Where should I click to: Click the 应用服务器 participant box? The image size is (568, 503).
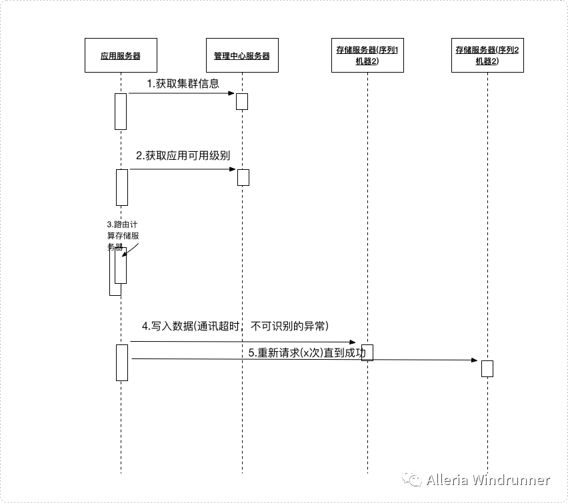[x=121, y=56]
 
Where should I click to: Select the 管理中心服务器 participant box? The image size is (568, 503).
[x=241, y=56]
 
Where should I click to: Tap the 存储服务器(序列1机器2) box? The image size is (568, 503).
[x=367, y=56]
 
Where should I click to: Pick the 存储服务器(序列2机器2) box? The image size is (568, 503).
[x=487, y=56]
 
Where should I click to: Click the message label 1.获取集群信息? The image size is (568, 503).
[x=183, y=83]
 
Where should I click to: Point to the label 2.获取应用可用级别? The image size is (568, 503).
[x=183, y=156]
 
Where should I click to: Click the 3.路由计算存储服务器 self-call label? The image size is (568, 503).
[x=123, y=235]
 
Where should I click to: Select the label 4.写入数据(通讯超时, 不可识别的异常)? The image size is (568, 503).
[x=235, y=326]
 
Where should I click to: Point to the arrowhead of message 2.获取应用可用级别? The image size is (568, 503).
[x=233, y=169]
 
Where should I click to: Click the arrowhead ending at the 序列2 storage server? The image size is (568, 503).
[x=474, y=360]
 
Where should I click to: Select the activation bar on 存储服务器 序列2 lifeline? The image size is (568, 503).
[x=487, y=368]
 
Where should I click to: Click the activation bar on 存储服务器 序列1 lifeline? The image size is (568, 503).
[x=367, y=352]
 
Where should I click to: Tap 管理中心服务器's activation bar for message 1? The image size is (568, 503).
[x=242, y=101]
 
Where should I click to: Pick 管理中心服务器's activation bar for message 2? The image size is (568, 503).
[x=243, y=177]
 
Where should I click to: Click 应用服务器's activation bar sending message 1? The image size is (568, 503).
[x=121, y=111]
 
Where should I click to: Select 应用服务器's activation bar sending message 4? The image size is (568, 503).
[x=122, y=362]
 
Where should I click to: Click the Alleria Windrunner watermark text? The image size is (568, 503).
[x=488, y=480]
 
